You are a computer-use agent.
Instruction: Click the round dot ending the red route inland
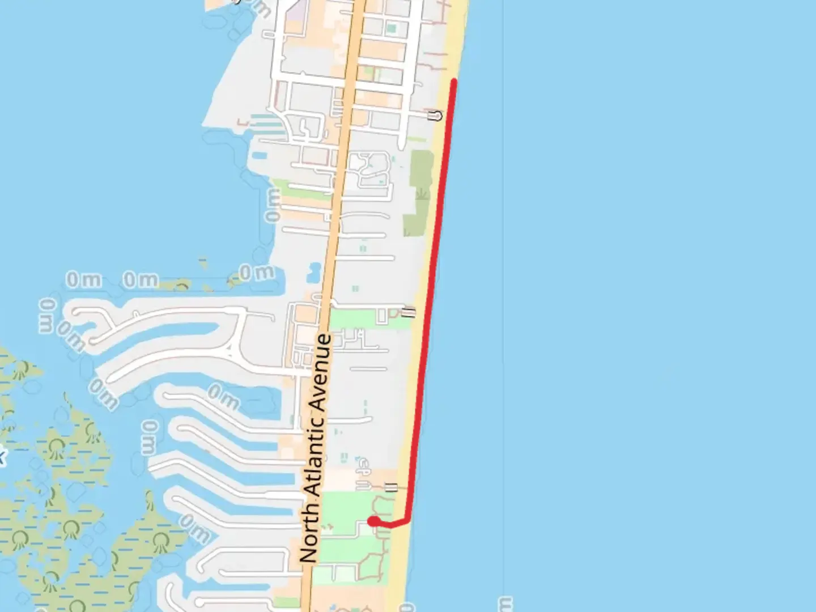point(373,521)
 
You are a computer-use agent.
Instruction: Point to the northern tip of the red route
point(454,82)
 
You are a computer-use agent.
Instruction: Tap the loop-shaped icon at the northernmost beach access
point(436,116)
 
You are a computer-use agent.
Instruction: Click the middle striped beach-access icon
point(408,312)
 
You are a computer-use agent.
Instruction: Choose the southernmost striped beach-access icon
point(391,486)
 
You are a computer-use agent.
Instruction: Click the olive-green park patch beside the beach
point(420,193)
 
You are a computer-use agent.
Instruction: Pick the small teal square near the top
point(391,27)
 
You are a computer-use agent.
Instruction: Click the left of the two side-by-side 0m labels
point(84,279)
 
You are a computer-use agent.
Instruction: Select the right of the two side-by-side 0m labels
point(141,279)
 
